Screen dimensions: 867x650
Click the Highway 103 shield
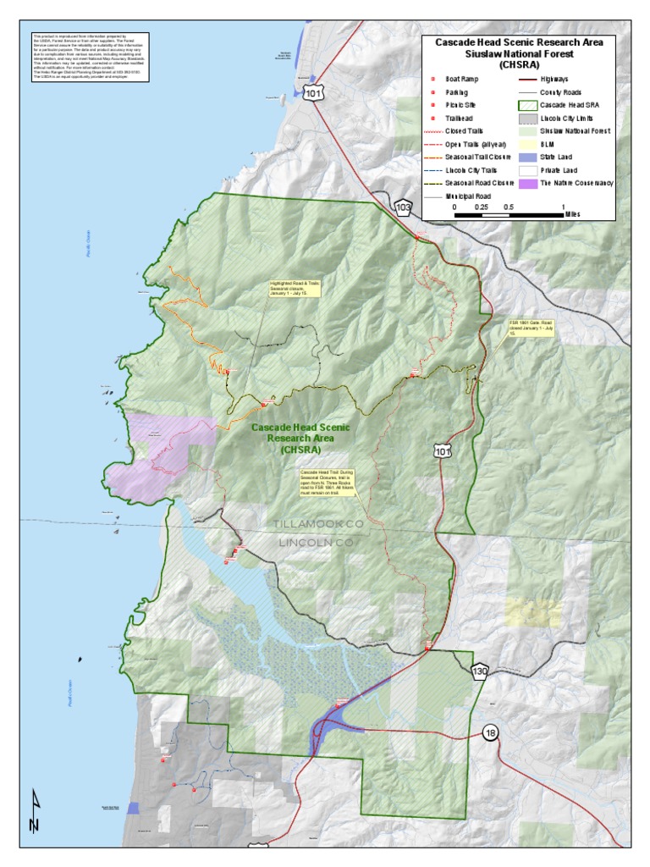point(404,207)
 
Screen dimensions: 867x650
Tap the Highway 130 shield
point(480,671)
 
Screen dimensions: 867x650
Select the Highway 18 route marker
point(490,732)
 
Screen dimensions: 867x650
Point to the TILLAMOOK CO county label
point(317,525)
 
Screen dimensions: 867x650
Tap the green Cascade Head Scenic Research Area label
point(300,439)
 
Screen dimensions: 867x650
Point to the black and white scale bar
point(510,215)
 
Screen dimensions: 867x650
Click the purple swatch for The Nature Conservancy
point(526,183)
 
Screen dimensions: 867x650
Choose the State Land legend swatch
point(526,157)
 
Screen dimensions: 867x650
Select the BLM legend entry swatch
point(526,144)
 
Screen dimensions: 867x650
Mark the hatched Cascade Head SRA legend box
point(526,105)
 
